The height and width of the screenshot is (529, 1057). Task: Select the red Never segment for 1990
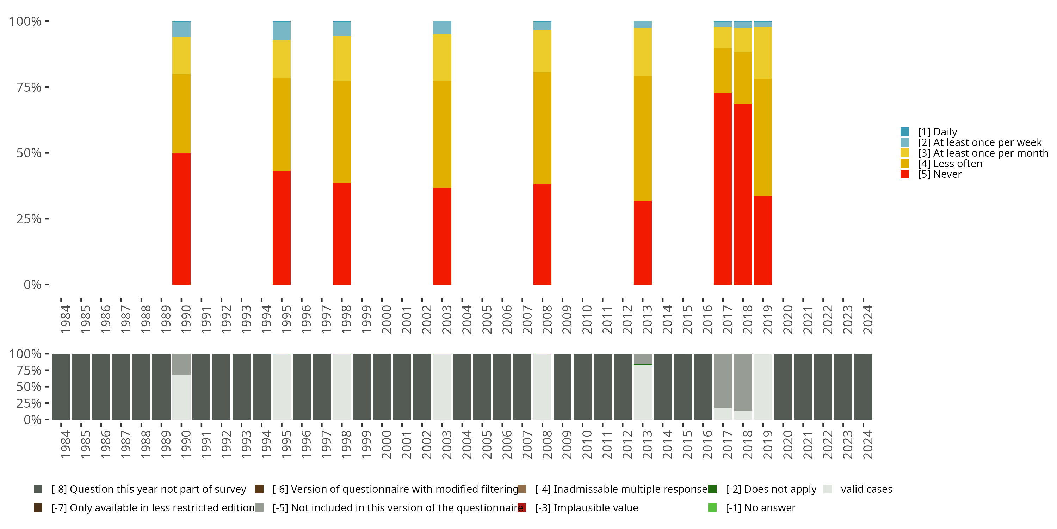pyautogui.click(x=181, y=219)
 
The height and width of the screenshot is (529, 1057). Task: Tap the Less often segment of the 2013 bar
pyautogui.click(x=643, y=138)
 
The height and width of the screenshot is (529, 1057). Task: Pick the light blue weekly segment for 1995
pyautogui.click(x=282, y=30)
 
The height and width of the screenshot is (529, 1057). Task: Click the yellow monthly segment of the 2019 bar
pyautogui.click(x=763, y=53)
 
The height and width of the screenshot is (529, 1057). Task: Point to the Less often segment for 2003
pyautogui.click(x=442, y=134)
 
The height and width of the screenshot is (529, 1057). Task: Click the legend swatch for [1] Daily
pyautogui.click(x=905, y=132)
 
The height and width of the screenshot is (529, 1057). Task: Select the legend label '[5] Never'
pyautogui.click(x=940, y=174)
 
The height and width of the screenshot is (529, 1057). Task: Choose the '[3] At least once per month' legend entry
pyautogui.click(x=983, y=153)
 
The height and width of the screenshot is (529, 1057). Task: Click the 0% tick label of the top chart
pyautogui.click(x=32, y=285)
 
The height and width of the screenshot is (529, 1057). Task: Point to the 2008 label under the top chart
pyautogui.click(x=547, y=319)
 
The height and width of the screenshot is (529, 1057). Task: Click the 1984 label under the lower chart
pyautogui.click(x=65, y=444)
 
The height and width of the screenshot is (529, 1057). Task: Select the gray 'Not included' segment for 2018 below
pyautogui.click(x=743, y=382)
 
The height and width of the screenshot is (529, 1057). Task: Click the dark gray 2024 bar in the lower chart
pyautogui.click(x=863, y=387)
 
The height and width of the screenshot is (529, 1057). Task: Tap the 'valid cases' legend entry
pyautogui.click(x=866, y=489)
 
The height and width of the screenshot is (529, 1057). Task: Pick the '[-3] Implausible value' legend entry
pyautogui.click(x=586, y=507)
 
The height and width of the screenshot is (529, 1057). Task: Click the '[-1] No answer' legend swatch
pyautogui.click(x=712, y=507)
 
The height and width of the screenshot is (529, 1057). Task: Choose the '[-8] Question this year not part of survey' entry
pyautogui.click(x=148, y=489)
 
